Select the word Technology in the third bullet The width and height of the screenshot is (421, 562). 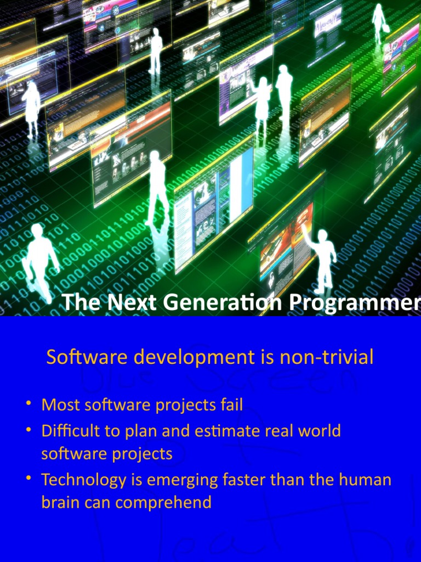pos(83,480)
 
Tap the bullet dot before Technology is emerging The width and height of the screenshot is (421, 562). pos(29,479)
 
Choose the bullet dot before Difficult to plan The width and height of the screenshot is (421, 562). pos(29,430)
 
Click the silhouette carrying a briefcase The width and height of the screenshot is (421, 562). pos(379,22)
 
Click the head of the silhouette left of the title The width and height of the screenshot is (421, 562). pos(37,230)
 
